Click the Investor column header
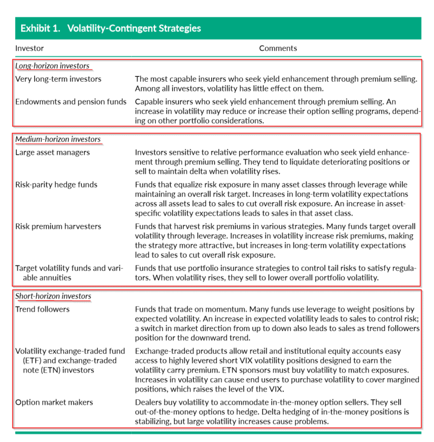click(x=29, y=48)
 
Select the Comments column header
click(x=278, y=48)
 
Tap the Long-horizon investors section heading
click(x=52, y=66)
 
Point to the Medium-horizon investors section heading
click(x=58, y=140)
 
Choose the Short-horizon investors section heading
click(x=53, y=296)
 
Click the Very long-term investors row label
click(x=58, y=79)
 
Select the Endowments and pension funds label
click(x=71, y=101)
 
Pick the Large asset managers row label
click(x=52, y=153)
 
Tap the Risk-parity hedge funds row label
click(x=56, y=185)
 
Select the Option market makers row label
click(x=54, y=402)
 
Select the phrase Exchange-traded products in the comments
click(x=183, y=351)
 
